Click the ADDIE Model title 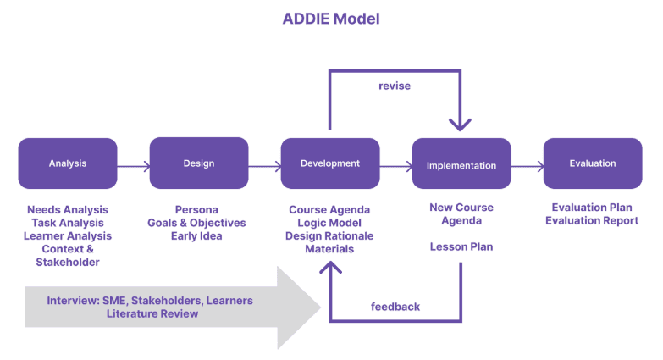(331, 19)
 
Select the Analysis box (68, 163)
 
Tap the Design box (199, 163)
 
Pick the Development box (330, 163)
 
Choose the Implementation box (461, 165)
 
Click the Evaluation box (593, 163)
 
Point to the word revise (395, 86)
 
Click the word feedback (395, 307)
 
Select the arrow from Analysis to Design (134, 166)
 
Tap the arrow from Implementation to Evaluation (528, 167)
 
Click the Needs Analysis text (68, 209)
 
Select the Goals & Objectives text (197, 223)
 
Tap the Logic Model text (329, 223)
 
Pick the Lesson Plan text (461, 246)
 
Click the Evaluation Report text (592, 220)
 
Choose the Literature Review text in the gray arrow (152, 313)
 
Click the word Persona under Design (196, 209)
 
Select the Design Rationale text (329, 236)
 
